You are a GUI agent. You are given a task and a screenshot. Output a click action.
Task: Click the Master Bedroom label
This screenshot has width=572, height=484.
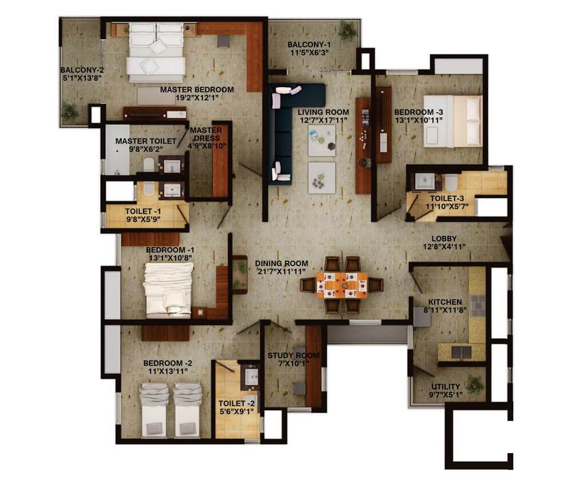197,90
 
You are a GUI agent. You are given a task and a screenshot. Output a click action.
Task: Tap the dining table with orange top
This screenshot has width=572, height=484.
342,284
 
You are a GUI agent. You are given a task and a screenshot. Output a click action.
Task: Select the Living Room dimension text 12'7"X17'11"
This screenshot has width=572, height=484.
323,120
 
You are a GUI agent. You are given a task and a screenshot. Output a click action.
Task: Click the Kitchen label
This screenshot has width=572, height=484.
445,302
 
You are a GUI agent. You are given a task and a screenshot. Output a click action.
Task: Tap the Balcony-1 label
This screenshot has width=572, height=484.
309,45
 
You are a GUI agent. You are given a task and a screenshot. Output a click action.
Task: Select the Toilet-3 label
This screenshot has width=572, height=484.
447,199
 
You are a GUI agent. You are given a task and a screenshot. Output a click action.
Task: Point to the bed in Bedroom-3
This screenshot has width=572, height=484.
453,121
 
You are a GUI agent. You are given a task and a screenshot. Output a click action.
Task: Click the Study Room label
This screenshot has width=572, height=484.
293,355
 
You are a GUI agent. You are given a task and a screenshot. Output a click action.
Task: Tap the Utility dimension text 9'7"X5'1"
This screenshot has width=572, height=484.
446,395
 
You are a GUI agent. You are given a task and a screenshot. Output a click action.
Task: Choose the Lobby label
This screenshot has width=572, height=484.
444,239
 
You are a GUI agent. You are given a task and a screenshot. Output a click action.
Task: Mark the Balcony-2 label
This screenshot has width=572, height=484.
82,70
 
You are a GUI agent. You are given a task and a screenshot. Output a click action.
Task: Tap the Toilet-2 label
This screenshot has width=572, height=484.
237,403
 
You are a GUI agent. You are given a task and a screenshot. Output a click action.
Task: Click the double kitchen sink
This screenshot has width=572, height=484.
461,352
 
